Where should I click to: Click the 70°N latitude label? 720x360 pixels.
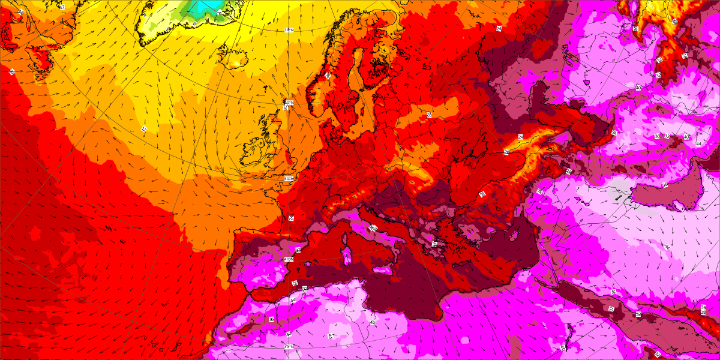coord(289,30)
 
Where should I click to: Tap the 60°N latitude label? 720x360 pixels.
coord(289,103)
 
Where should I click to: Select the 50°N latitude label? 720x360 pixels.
coord(289,179)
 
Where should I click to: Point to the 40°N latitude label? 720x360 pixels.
coord(288,259)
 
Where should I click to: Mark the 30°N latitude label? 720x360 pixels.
coord(289,346)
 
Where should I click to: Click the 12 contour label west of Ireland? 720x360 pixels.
coord(144,129)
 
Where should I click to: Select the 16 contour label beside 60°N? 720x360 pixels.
coord(286,109)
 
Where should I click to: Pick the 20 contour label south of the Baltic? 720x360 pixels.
coord(429,114)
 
